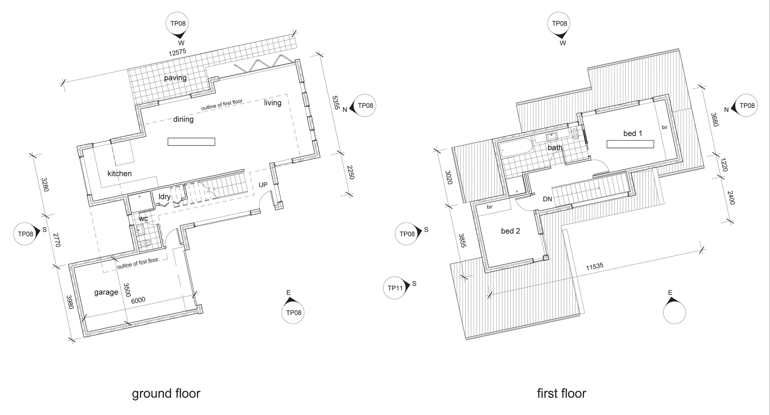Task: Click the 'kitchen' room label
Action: (x=120, y=174)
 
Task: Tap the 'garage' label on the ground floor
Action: (x=106, y=292)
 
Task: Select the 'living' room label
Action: (x=273, y=103)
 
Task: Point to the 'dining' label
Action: (x=183, y=119)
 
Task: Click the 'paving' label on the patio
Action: (x=175, y=78)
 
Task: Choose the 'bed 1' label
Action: (x=632, y=134)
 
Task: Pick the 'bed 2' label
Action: (x=510, y=231)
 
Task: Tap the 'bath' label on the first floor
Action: (x=555, y=148)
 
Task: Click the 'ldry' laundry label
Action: (x=164, y=197)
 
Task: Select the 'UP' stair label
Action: (x=263, y=185)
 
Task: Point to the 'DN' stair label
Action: (x=547, y=199)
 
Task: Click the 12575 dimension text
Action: (x=177, y=52)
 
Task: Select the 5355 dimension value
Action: (x=336, y=103)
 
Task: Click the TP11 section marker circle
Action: (x=395, y=288)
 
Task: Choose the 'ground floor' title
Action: (x=166, y=394)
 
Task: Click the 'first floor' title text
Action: (x=561, y=394)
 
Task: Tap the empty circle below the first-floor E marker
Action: (x=675, y=313)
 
